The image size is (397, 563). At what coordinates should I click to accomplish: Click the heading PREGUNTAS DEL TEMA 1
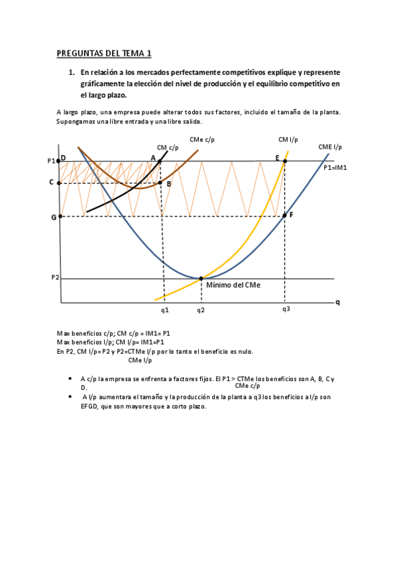pyautogui.click(x=104, y=53)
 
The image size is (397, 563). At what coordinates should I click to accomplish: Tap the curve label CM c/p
pyautogui.click(x=168, y=148)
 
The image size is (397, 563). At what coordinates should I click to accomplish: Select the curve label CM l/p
pyautogui.click(x=288, y=139)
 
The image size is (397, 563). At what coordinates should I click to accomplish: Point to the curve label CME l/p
pyautogui.click(x=330, y=147)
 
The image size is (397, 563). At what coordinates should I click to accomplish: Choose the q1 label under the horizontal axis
pyautogui.click(x=164, y=309)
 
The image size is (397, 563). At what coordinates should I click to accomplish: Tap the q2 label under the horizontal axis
pyautogui.click(x=201, y=309)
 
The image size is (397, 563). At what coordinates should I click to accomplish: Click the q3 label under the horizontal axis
pyautogui.click(x=286, y=309)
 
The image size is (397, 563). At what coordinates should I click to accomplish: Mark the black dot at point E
pyautogui.click(x=286, y=161)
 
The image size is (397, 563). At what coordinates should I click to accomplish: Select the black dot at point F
pyautogui.click(x=285, y=215)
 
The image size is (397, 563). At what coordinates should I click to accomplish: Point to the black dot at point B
pyautogui.click(x=160, y=183)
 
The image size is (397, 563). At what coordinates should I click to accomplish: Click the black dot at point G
pyautogui.click(x=60, y=216)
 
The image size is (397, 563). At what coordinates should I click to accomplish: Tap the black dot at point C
pyautogui.click(x=60, y=183)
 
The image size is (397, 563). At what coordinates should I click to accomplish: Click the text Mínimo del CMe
pyautogui.click(x=233, y=285)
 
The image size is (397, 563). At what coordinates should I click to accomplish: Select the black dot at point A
pyautogui.click(x=160, y=161)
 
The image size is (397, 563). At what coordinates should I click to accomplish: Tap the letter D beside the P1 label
pyautogui.click(x=63, y=158)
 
